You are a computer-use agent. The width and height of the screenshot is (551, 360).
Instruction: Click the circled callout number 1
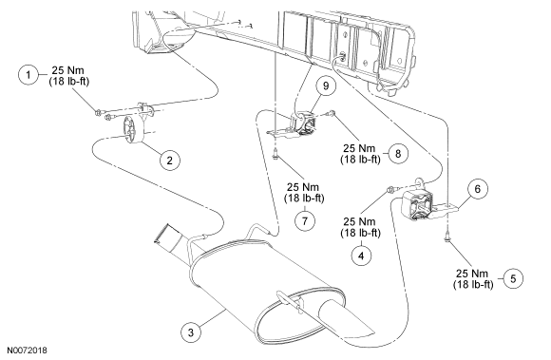pyautogui.click(x=28, y=75)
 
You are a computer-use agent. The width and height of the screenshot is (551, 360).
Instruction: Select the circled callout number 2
pyautogui.click(x=170, y=161)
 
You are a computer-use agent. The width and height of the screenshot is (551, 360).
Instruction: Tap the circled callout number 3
pyautogui.click(x=191, y=332)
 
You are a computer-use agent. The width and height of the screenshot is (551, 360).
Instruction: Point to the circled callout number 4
pyautogui.click(x=361, y=256)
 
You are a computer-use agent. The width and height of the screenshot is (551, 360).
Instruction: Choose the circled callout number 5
pyautogui.click(x=513, y=278)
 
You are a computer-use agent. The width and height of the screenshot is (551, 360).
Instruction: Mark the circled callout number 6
pyautogui.click(x=478, y=189)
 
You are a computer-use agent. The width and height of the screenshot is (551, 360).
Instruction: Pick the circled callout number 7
pyautogui.click(x=304, y=220)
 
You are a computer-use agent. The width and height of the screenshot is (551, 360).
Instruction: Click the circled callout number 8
pyautogui.click(x=398, y=154)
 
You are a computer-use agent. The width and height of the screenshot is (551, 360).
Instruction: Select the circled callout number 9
pyautogui.click(x=326, y=85)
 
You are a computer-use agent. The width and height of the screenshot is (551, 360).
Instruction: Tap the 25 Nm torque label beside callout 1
pyautogui.click(x=68, y=70)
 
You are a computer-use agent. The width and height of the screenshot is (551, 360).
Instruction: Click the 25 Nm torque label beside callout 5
pyautogui.click(x=473, y=274)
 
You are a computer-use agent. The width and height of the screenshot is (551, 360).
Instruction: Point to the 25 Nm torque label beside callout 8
pyautogui.click(x=359, y=148)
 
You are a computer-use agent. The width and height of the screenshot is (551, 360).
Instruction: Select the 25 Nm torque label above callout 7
pyautogui.click(x=303, y=187)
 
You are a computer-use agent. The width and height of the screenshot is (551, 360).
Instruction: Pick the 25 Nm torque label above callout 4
pyautogui.click(x=359, y=221)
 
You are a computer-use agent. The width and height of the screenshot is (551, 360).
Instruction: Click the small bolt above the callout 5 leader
pyautogui.click(x=447, y=238)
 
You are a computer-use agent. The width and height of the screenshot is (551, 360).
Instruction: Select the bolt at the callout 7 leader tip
pyautogui.click(x=275, y=154)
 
